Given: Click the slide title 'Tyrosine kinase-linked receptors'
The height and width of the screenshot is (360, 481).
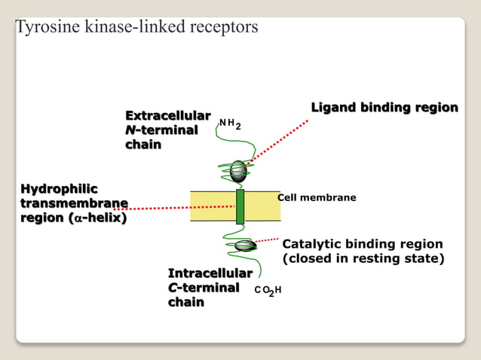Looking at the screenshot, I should pos(136,27).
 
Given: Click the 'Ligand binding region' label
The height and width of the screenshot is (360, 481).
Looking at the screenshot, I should pos(384,108).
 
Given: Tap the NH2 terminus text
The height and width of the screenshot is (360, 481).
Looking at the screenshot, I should pos(230,123).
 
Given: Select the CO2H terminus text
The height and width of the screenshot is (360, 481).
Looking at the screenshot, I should pos(268,290).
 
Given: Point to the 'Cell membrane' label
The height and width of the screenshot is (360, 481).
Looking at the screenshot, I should pos(317,197).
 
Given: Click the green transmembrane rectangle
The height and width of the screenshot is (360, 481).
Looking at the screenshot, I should pos(240,206).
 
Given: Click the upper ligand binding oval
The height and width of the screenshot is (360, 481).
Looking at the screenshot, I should pos(238,171).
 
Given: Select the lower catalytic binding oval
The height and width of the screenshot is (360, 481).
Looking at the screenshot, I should pos(244,245).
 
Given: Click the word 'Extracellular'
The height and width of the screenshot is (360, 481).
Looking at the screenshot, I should pos(167,116).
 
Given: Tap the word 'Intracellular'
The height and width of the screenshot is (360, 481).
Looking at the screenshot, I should pos(210,273).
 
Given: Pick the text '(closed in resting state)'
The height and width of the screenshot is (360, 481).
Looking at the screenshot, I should pos(363,259).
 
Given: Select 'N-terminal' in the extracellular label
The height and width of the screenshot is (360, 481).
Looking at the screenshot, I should pos(161,130).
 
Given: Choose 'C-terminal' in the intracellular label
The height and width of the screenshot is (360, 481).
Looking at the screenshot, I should pos(204,287).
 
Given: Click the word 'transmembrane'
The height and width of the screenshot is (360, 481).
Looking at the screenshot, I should pos(73,203).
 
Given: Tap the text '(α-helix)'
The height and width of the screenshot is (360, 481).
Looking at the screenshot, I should pos(97,218).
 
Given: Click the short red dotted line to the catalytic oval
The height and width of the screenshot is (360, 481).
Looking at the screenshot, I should pos(267,240).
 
